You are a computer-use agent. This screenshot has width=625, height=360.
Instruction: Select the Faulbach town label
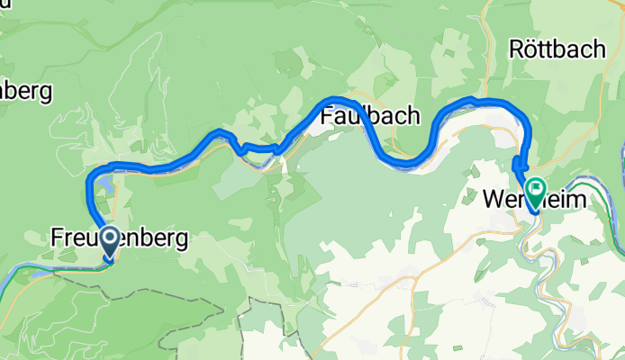point(369,115)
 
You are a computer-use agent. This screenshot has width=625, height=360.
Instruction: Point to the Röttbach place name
point(557,49)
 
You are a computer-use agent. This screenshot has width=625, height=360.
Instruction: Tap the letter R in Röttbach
point(516,49)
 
